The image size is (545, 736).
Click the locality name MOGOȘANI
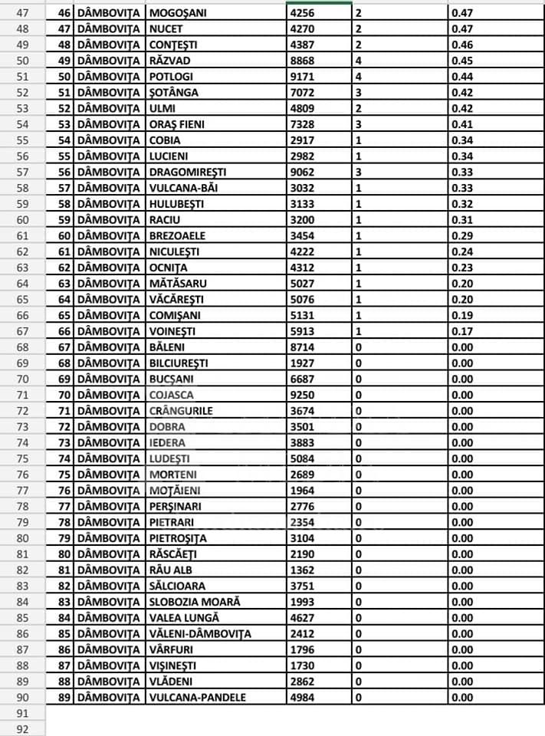tap(178, 12)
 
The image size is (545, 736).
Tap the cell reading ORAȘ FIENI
tap(177, 124)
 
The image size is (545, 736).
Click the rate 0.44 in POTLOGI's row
tap(462, 76)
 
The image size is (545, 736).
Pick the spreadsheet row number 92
tap(22, 729)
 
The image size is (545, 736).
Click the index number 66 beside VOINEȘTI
tap(64, 330)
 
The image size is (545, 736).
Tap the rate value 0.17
tap(462, 330)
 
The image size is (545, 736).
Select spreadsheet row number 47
tap(22, 12)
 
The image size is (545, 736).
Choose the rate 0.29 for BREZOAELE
tap(462, 235)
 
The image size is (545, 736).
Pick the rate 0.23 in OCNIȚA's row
tap(462, 267)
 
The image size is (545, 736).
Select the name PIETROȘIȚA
tap(178, 537)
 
